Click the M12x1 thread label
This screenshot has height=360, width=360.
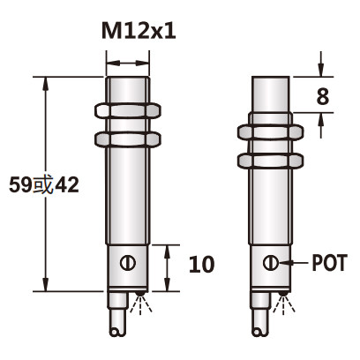point(139,31)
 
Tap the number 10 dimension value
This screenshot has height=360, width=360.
point(201,263)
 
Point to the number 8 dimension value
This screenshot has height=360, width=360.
point(323,97)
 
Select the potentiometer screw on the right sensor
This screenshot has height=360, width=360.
point(272,263)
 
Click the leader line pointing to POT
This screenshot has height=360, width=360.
point(294,263)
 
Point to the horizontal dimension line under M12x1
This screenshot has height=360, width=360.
point(127,63)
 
